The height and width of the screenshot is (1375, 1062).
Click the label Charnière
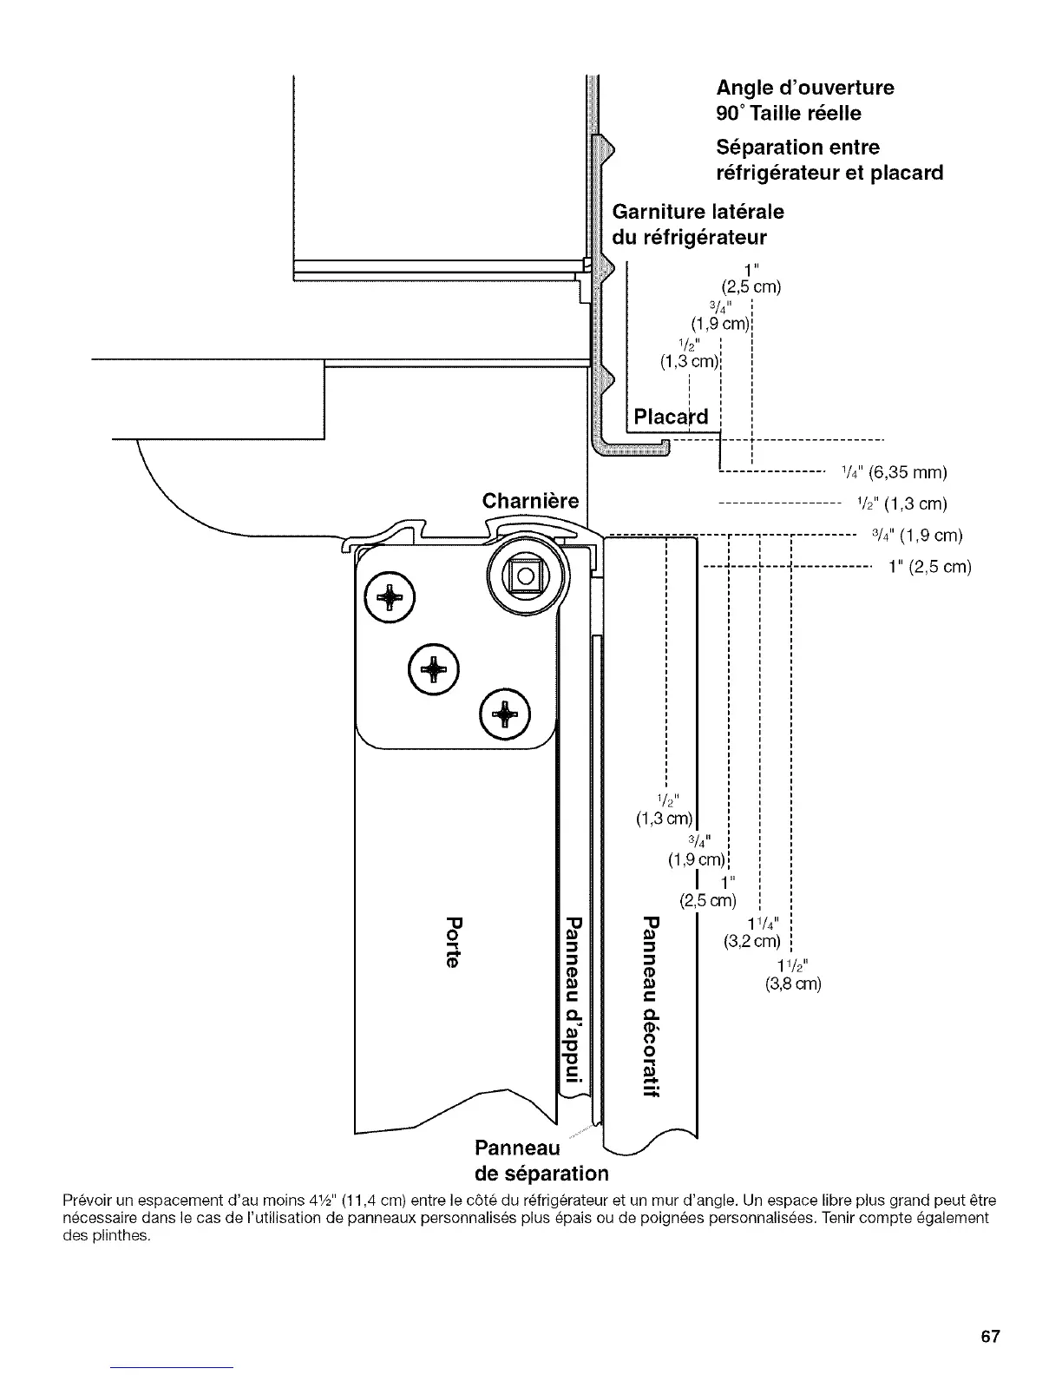530,501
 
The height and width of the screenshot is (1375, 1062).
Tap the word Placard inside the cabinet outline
671,417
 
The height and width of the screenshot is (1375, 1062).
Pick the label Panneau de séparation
541,1161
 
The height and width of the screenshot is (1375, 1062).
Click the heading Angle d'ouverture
804,88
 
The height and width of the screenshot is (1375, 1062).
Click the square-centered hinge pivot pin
525,575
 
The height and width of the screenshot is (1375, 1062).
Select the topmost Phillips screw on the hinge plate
390,599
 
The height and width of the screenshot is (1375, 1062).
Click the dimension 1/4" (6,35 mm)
893,473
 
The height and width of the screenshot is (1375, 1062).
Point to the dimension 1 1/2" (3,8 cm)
791,975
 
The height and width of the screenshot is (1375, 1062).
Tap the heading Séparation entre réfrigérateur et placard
829,160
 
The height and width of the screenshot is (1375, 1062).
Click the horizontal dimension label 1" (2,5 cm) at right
929,567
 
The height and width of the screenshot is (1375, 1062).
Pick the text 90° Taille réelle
789,113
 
